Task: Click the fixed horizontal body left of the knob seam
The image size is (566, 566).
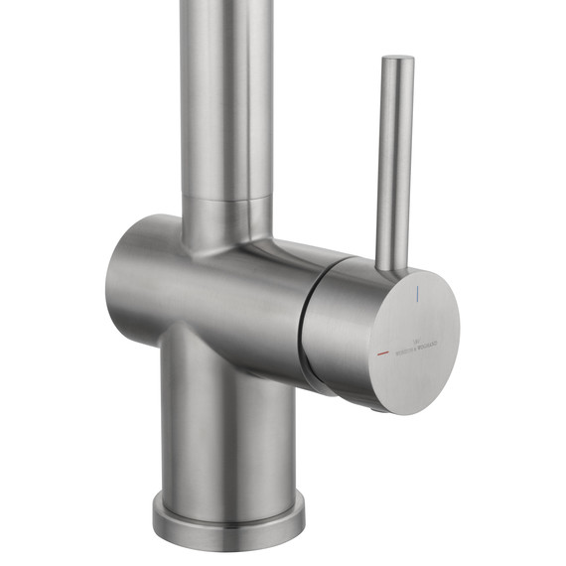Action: (x=218, y=293)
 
